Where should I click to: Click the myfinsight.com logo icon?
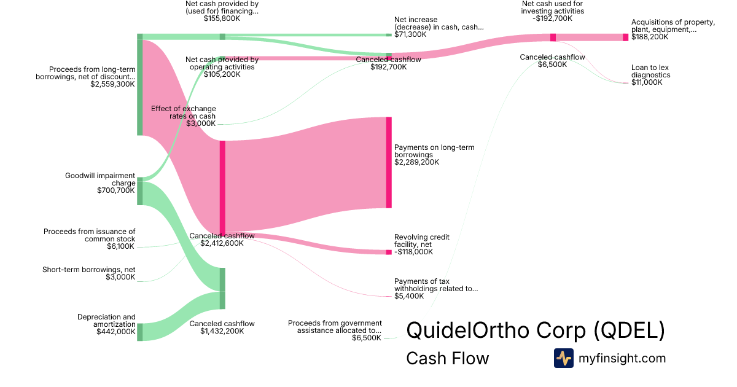563,358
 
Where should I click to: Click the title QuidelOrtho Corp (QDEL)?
535,330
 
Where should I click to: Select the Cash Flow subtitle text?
447,358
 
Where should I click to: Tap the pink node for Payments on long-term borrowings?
389,163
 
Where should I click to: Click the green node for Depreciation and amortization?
139,332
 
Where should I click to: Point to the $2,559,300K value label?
112,84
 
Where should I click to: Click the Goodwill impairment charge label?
100,179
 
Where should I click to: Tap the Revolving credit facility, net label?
421,241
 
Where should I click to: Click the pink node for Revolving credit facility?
389,252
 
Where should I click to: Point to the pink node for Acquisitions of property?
625,37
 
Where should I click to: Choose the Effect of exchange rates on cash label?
183,112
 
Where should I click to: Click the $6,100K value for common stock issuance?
121,246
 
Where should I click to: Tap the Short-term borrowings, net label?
88,269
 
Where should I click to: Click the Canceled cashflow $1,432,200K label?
222,327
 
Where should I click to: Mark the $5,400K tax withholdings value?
408,296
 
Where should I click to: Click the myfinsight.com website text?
622,358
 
